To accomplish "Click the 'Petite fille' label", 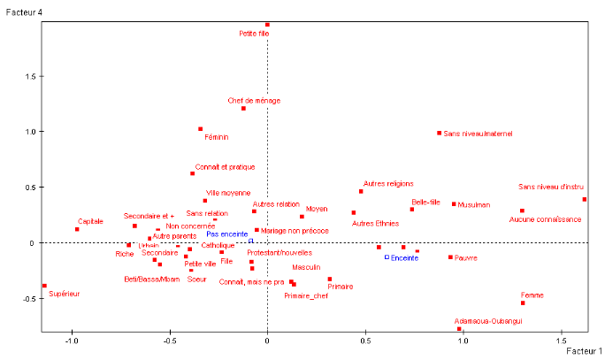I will (x=254, y=34).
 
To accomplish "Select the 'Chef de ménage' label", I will (x=254, y=100).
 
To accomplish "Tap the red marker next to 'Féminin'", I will (x=201, y=129).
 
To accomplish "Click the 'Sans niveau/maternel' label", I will (x=478, y=134).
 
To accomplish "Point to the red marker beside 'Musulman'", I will (x=454, y=204).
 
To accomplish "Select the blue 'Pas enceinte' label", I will (x=227, y=234).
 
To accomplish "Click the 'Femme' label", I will (x=532, y=295).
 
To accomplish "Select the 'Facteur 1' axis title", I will (x=584, y=351).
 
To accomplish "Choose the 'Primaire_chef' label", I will (x=306, y=295).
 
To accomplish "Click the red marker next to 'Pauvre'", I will (x=450, y=257).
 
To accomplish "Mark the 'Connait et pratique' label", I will (x=225, y=166).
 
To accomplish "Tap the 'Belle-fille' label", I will (x=425, y=203).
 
